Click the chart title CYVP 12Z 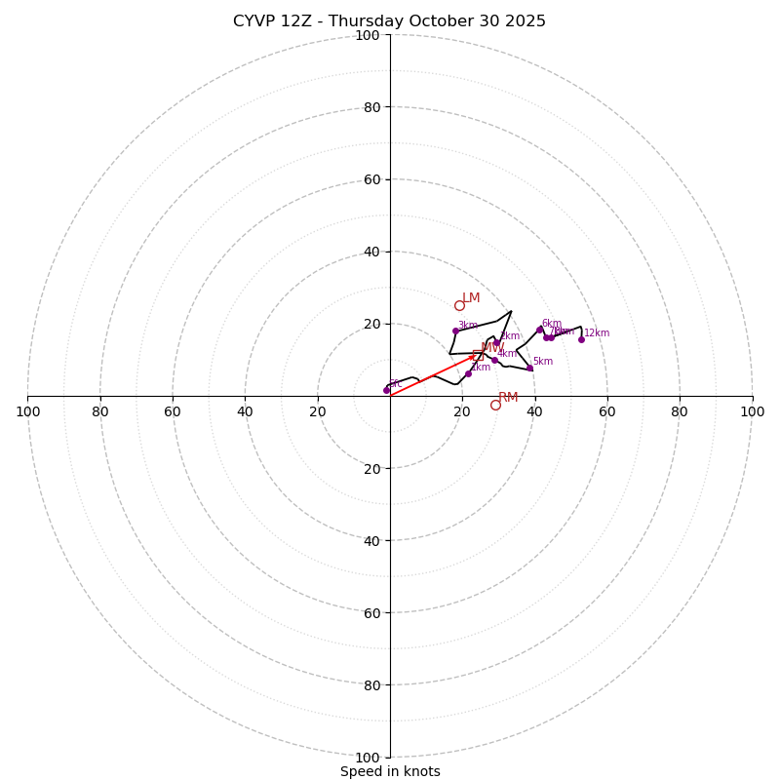coord(389,21)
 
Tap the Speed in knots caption coord(390,771)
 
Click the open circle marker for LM coord(459,305)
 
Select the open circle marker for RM coord(495,405)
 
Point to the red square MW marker coord(478,355)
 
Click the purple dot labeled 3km coord(455,331)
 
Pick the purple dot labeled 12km coord(581,339)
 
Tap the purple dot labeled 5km coord(530,368)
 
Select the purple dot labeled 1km coord(468,373)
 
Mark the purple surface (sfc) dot coord(386,390)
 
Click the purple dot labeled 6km coord(539,330)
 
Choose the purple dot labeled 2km coord(496,342)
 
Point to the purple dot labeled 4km coord(494,360)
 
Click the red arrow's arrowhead coord(474,357)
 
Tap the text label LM coord(471,297)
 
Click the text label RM coord(508,397)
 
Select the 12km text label coord(597,333)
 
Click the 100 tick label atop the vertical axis coord(368,35)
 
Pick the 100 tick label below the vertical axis coord(368,758)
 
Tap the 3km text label coord(468,326)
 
